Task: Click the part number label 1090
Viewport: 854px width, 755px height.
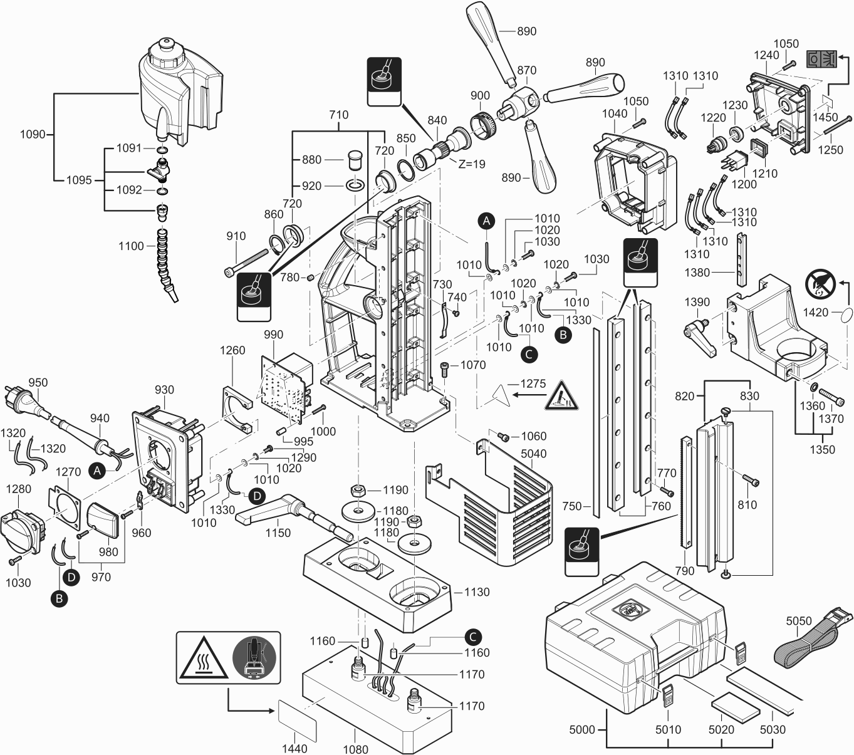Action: coord(33,134)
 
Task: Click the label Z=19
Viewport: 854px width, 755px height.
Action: coord(472,164)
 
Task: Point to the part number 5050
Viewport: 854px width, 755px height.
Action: coord(799,621)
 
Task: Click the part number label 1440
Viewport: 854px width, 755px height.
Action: coord(294,748)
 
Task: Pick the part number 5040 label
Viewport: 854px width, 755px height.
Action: coord(533,454)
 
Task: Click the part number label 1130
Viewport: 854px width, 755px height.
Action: coord(477,591)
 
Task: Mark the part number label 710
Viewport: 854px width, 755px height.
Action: coord(338,115)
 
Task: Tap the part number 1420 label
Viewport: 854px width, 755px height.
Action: coord(815,312)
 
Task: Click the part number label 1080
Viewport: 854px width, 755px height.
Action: coord(356,749)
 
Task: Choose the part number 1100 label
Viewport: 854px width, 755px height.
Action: coord(131,246)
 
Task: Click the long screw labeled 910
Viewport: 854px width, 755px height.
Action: coord(251,263)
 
